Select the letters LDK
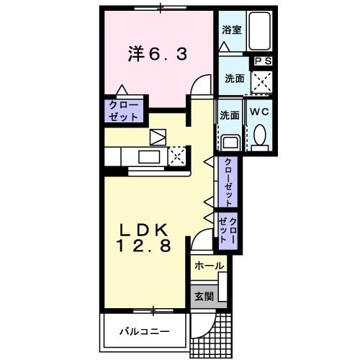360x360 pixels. (143, 230)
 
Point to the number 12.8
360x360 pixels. (143, 247)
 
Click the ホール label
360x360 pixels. (209, 266)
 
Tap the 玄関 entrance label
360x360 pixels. (202, 296)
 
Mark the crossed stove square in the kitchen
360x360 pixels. (177, 155)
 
